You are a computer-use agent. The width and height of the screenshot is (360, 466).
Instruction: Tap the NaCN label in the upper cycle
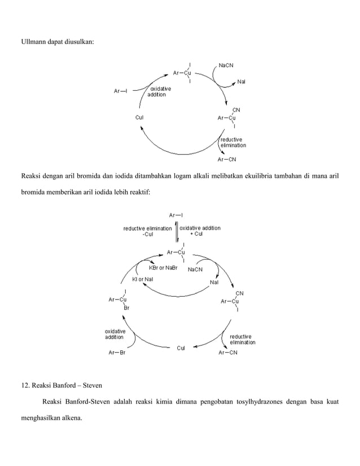(x=227, y=65)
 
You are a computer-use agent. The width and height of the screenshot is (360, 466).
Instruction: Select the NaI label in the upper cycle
(x=241, y=82)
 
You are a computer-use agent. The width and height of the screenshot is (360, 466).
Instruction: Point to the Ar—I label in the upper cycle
(x=121, y=91)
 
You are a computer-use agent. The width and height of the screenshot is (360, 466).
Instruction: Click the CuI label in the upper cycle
(x=139, y=118)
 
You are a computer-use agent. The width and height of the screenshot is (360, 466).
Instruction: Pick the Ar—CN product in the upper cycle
(x=227, y=159)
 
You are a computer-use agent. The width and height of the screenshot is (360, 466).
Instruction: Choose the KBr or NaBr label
(x=163, y=269)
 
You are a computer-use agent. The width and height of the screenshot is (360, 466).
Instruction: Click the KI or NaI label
(x=142, y=279)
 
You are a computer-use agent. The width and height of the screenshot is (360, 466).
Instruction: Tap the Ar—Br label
(x=116, y=353)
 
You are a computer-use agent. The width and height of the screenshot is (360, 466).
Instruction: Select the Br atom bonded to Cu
(x=127, y=308)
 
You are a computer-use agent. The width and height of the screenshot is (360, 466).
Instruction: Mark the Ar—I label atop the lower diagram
(x=176, y=215)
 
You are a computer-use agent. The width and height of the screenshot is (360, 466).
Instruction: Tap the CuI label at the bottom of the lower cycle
(x=181, y=348)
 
